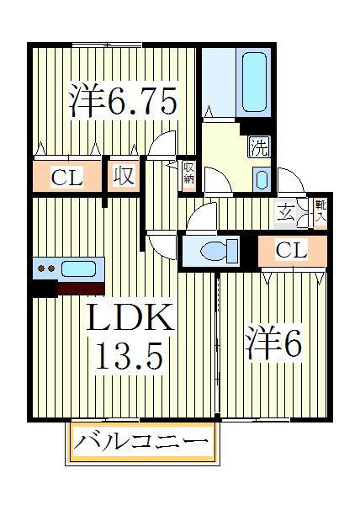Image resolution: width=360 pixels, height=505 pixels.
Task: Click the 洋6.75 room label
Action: click(x=123, y=102)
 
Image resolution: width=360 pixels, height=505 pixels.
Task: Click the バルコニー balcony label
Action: click(x=140, y=442)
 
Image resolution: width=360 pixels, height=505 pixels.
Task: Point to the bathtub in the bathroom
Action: click(x=256, y=82)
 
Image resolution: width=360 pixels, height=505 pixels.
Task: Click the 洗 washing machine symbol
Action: click(x=259, y=147)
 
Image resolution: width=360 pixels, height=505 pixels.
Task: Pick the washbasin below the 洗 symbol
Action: click(x=261, y=179)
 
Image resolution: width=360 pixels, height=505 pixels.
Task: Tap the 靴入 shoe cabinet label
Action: click(x=320, y=210)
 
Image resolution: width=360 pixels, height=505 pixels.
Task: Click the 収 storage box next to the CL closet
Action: click(x=124, y=178)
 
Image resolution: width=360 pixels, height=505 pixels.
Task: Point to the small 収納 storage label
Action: click(x=189, y=173)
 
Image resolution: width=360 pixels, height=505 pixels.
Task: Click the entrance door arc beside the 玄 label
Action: click(x=289, y=178)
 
